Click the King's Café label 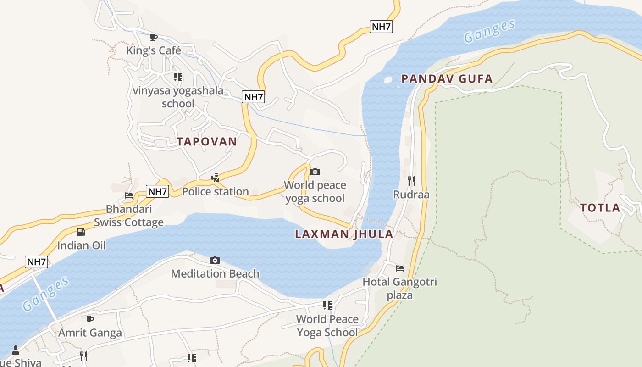(x=154, y=50)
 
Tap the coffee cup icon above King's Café (x=154, y=37)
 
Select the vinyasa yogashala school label (x=178, y=97)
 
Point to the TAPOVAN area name (x=207, y=141)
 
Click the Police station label (x=215, y=191)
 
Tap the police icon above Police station (x=215, y=178)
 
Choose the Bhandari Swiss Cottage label (x=129, y=216)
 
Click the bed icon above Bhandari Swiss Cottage (x=129, y=195)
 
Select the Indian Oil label (x=81, y=245)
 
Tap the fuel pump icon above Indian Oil (x=81, y=232)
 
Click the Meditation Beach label (x=215, y=274)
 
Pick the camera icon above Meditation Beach (x=215, y=261)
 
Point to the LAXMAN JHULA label (x=344, y=234)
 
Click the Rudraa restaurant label (x=411, y=195)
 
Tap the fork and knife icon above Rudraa (x=411, y=181)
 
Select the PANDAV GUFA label (x=447, y=78)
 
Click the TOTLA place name (x=600, y=208)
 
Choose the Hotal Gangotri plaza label (x=400, y=288)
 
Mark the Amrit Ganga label (x=90, y=333)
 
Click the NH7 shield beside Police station (x=157, y=191)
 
